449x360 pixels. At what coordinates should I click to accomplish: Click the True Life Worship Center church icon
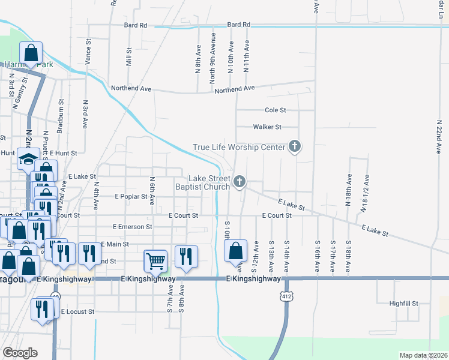(294, 146)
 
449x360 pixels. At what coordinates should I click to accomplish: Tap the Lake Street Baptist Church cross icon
(240, 181)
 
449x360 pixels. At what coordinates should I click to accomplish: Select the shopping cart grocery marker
(155, 260)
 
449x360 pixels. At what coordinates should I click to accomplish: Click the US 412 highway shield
(286, 296)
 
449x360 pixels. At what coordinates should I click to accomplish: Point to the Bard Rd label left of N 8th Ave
(136, 25)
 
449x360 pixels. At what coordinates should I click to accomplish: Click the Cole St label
(276, 110)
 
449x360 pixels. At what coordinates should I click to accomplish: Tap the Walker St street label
(267, 127)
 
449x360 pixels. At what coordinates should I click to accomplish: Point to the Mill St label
(128, 58)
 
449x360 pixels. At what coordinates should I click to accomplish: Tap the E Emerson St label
(132, 227)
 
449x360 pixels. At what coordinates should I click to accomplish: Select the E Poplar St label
(131, 196)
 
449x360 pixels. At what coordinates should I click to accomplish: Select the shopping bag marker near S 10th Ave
(237, 251)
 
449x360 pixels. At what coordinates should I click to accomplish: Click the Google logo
(20, 353)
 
